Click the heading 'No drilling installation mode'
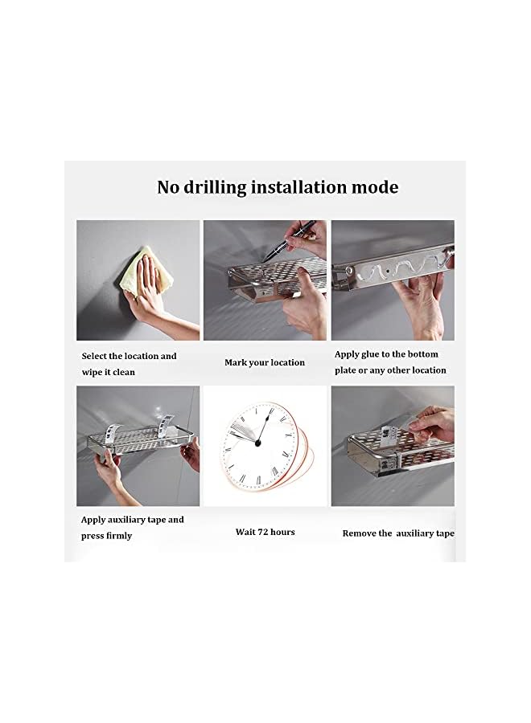(x=277, y=187)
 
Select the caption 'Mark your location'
(x=265, y=362)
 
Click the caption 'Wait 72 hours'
(x=265, y=532)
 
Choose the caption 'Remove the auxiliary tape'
(x=398, y=533)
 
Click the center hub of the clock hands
(x=259, y=442)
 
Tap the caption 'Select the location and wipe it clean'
(x=129, y=364)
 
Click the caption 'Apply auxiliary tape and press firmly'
(x=132, y=527)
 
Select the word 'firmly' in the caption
(x=117, y=535)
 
